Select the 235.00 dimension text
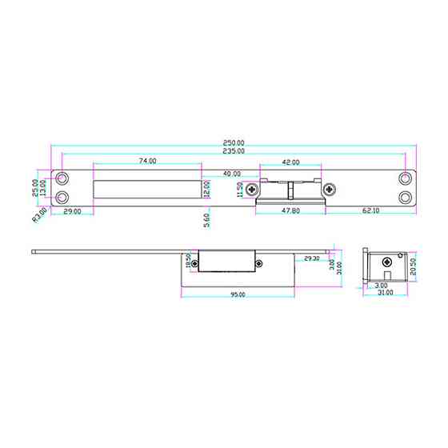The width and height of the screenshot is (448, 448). pos(234,150)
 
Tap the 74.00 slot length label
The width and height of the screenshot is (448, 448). pos(147,161)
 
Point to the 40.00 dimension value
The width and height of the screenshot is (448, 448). pos(231,174)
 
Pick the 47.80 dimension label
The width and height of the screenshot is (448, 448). pos(290,211)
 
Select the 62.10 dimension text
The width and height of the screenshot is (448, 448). pos(370,211)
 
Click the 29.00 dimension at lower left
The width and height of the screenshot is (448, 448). pos(72,211)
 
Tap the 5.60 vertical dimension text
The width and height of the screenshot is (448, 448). pos(207,220)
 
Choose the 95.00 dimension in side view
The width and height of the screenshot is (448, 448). pos(238,295)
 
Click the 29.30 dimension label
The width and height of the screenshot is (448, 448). pos(311,258)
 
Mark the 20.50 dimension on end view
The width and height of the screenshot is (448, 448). pos(413,265)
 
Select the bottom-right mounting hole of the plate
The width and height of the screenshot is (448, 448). pos(406,197)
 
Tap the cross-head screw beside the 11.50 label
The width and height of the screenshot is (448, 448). pos(252,190)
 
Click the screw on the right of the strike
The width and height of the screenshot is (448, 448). pos(329,190)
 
